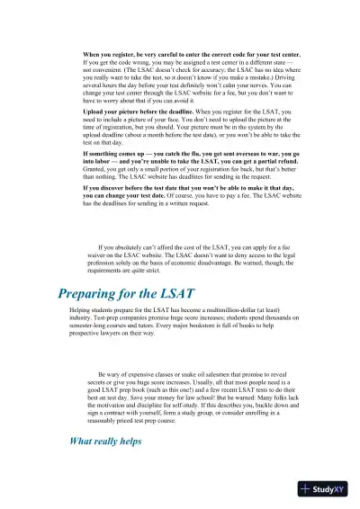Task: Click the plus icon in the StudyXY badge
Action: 308,488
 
